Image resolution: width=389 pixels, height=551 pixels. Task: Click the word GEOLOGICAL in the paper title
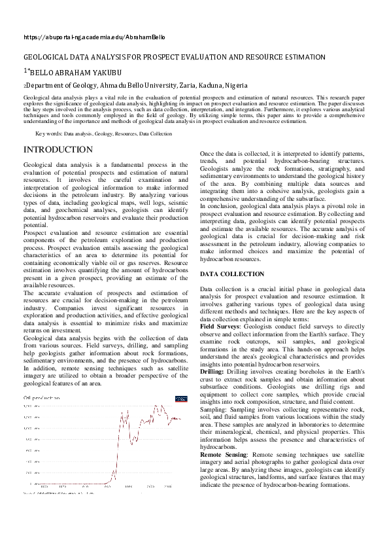tap(45, 58)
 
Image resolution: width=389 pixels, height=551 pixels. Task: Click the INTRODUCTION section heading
tap(58, 150)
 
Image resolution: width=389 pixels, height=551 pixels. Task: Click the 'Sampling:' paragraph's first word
tap(214, 408)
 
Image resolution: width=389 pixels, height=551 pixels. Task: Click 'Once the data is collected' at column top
tap(241, 152)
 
